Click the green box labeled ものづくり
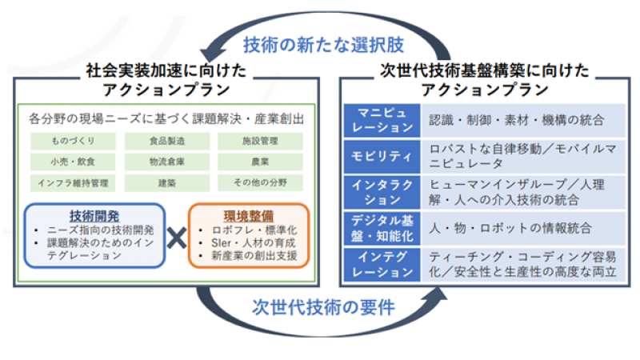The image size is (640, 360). click(x=73, y=141)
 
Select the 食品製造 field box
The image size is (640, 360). click(x=167, y=141)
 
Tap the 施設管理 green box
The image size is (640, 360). click(x=260, y=141)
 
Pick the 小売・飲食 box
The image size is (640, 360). click(x=73, y=162)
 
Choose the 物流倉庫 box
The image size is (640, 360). click(x=167, y=162)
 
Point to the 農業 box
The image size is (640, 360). click(x=260, y=162)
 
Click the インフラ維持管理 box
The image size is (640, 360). click(x=73, y=183)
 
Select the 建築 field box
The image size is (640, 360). click(x=167, y=183)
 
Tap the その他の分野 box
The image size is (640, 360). click(x=260, y=183)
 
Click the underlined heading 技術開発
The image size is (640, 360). click(x=94, y=216)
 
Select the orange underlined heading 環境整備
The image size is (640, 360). click(x=249, y=216)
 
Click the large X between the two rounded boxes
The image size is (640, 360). click(x=177, y=238)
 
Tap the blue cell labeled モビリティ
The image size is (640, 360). click(x=382, y=156)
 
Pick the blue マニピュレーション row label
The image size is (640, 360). click(x=382, y=121)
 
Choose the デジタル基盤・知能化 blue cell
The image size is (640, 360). click(x=382, y=228)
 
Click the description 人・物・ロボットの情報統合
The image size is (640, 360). click(x=510, y=228)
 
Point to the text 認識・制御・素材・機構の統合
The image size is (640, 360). click(x=516, y=121)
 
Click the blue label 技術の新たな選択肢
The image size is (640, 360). click(x=323, y=45)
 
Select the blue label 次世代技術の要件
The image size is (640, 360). click(x=323, y=307)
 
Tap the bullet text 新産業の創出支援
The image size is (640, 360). click(x=254, y=256)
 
